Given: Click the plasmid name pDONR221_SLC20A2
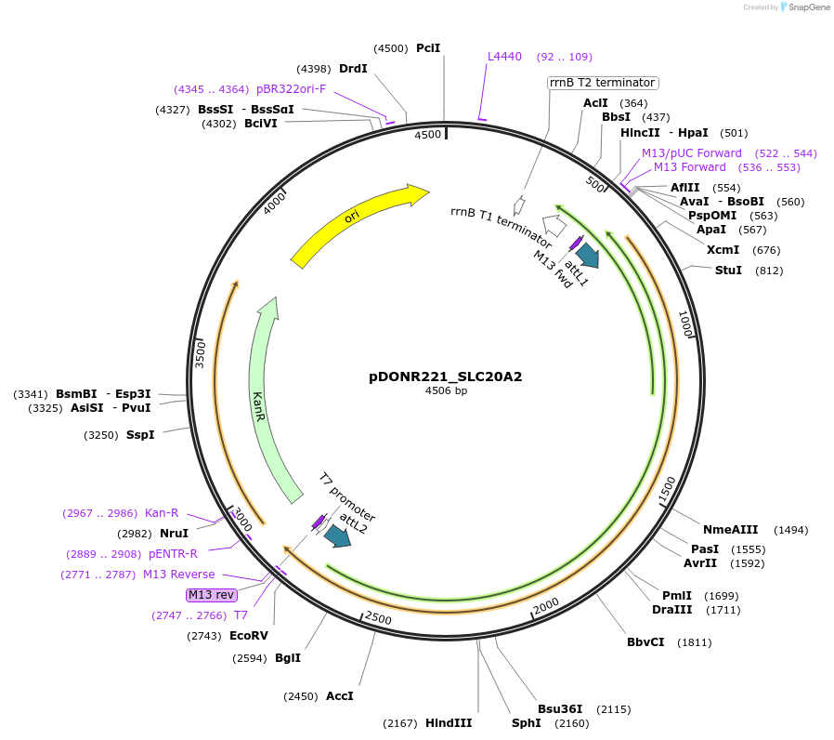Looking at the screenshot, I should pos(445,377).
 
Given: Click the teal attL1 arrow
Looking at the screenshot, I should pos(588,255).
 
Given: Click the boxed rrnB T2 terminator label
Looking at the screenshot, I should pos(603,83).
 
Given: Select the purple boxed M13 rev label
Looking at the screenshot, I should pos(212,594).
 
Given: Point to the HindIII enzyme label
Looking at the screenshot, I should pos(449,722).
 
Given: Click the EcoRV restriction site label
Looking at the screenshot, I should pos(248,636).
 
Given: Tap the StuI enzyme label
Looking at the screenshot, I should pos(728,271).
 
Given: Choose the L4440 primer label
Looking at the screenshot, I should pos(505,57).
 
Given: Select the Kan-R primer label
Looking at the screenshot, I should pos(162,513).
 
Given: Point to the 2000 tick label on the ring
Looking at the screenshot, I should pos(545,604).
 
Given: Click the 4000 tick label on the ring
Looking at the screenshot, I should pos(275,203).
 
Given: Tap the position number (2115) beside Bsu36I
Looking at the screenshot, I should pos(613,708).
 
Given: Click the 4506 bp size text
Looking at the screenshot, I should pos(445,391).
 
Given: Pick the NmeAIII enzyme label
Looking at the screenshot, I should pos(730,530).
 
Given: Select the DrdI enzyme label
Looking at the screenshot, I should pos(353,69).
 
